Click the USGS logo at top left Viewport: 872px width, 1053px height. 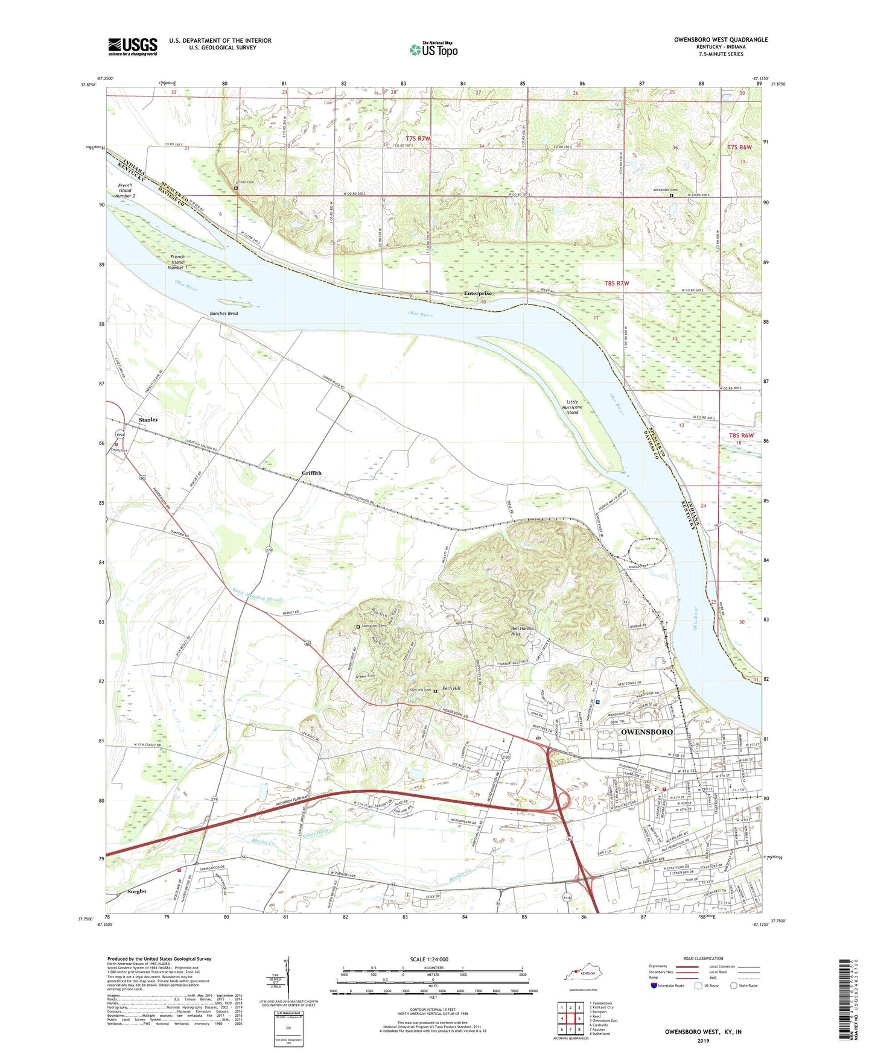[133, 46]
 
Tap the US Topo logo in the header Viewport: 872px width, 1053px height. [433, 49]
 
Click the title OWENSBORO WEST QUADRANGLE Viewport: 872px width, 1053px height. [721, 40]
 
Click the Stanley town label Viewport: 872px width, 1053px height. [148, 419]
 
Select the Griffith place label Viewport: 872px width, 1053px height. [312, 473]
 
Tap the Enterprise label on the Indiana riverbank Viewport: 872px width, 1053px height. [479, 294]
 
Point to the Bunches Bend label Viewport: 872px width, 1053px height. [224, 314]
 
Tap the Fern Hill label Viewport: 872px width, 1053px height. [451, 688]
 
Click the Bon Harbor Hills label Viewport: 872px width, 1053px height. [524, 631]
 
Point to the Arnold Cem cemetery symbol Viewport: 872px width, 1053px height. [236, 188]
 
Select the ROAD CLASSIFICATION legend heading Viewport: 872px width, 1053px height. [703, 958]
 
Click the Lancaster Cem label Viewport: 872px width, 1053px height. [375, 627]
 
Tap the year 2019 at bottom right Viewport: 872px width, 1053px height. [702, 1040]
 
